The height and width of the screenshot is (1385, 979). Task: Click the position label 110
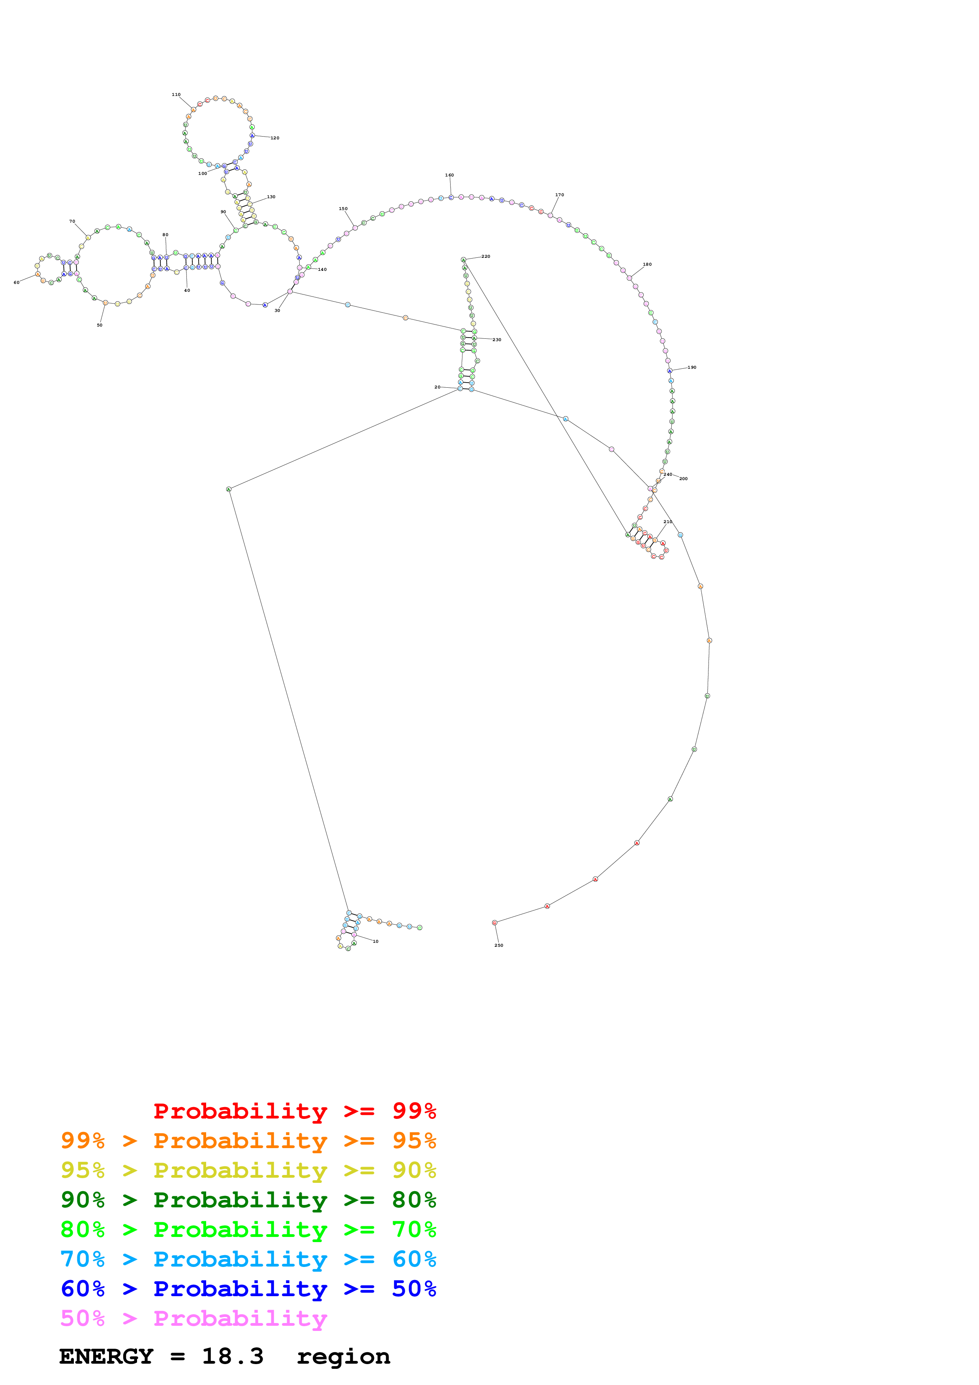point(176,95)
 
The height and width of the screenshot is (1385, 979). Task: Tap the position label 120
point(275,138)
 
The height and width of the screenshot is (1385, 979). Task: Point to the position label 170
point(560,195)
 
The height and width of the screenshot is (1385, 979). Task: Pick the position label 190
point(692,367)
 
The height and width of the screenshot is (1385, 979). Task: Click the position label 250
point(499,945)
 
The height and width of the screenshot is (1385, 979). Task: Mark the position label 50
point(100,326)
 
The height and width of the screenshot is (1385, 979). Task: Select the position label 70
point(72,222)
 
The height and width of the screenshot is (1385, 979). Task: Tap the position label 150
point(343,209)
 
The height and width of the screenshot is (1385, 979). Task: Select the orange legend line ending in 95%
point(248,1141)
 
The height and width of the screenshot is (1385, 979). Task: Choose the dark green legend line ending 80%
point(248,1200)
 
